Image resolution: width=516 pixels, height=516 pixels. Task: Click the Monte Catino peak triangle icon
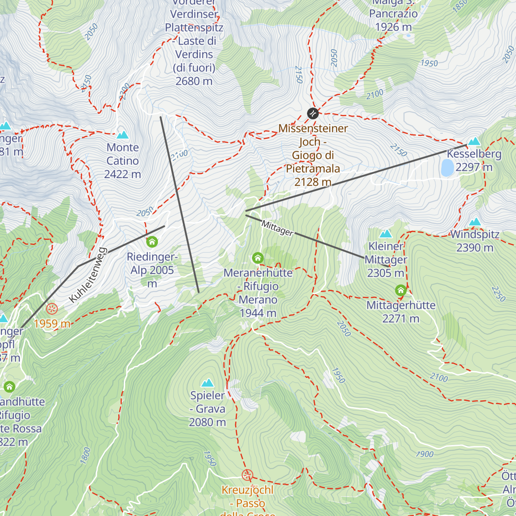pyautogui.click(x=123, y=135)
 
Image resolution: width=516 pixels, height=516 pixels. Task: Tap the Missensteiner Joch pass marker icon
pyautogui.click(x=313, y=114)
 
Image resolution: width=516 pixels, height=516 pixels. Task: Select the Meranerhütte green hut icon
pyautogui.click(x=258, y=258)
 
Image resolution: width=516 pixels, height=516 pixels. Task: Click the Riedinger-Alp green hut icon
pyautogui.click(x=152, y=242)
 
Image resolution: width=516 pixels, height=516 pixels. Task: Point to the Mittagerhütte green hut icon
pyautogui.click(x=401, y=291)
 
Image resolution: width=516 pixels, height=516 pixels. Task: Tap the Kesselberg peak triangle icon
pyautogui.click(x=474, y=141)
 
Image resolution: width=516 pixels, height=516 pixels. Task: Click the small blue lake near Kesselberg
pyautogui.click(x=447, y=168)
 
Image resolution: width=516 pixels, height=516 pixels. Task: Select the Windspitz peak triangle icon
pyautogui.click(x=475, y=222)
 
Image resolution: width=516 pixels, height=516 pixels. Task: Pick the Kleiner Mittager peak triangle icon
pyautogui.click(x=386, y=234)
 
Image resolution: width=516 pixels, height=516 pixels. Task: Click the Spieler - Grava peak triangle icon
pyautogui.click(x=208, y=383)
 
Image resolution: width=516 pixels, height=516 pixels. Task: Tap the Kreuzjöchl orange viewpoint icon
pyautogui.click(x=247, y=475)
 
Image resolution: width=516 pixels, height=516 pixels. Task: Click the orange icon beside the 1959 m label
pyautogui.click(x=52, y=308)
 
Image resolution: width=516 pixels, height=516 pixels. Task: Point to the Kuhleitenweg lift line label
pyautogui.click(x=88, y=275)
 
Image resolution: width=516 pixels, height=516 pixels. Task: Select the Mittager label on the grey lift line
pyautogui.click(x=277, y=228)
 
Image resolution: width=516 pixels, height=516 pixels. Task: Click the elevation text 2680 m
pyautogui.click(x=194, y=81)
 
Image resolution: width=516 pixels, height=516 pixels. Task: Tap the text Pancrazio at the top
pyautogui.click(x=393, y=14)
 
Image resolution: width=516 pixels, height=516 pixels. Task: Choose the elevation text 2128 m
pyautogui.click(x=313, y=182)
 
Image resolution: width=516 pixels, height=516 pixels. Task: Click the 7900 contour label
pyautogui.click(x=424, y=454)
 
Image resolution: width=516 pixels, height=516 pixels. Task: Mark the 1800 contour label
pyautogui.click(x=86, y=456)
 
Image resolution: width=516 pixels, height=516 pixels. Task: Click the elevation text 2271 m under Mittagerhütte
pyautogui.click(x=401, y=319)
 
